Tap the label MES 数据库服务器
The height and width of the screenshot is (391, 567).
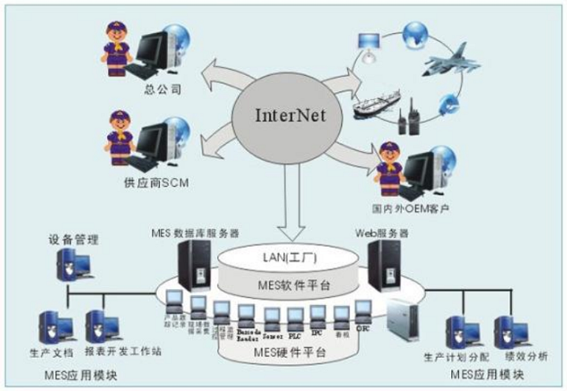click(195, 234)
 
